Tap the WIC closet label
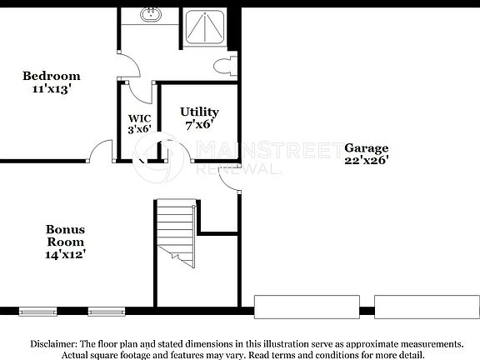pos(138,118)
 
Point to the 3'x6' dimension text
pos(138,129)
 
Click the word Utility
pos(199,112)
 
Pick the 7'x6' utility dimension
pos(199,124)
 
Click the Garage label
pos(366,147)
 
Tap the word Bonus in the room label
pos(65,229)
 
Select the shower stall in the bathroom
pos(202,27)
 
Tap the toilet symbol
pos(225,66)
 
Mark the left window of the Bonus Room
pos(37,312)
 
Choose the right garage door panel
pos(426,306)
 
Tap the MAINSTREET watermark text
pos(257,150)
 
